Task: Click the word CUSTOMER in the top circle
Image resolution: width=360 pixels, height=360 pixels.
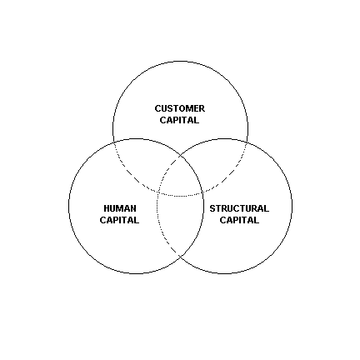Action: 180,108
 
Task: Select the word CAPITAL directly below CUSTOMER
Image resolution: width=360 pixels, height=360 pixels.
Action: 179,120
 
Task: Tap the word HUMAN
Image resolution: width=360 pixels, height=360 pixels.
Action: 120,208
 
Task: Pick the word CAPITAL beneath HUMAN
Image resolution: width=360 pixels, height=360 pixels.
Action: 119,220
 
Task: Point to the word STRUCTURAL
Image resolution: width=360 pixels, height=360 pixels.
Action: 239,208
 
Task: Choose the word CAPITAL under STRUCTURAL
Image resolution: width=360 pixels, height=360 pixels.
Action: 239,220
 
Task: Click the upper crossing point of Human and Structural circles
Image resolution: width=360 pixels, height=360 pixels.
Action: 180,157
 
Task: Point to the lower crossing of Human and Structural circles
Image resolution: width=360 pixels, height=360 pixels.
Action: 180,256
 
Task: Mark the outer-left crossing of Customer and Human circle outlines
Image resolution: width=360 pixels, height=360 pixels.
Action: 114,142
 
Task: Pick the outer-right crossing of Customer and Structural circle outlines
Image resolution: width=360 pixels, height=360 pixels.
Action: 247,142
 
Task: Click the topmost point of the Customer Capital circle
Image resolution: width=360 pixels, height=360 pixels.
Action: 180,61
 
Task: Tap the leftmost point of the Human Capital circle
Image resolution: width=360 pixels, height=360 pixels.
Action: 68,206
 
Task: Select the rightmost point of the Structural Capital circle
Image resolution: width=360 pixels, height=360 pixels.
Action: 292,206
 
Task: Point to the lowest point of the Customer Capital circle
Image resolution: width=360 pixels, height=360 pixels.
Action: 180,197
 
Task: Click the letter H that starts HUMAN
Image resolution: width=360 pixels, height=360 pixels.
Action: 107,208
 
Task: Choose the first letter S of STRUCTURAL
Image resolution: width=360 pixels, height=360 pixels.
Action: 212,208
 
